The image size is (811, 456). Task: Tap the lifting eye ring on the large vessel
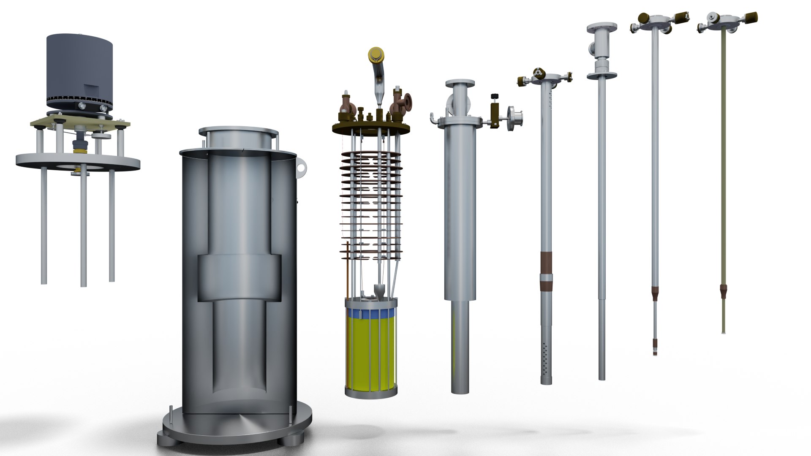click(x=301, y=167)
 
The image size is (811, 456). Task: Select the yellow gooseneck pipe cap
click(x=377, y=54)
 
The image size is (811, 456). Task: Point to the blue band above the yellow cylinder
click(x=371, y=314)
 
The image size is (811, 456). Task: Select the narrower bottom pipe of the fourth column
click(x=460, y=346)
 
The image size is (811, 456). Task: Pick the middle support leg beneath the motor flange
click(x=83, y=228)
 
